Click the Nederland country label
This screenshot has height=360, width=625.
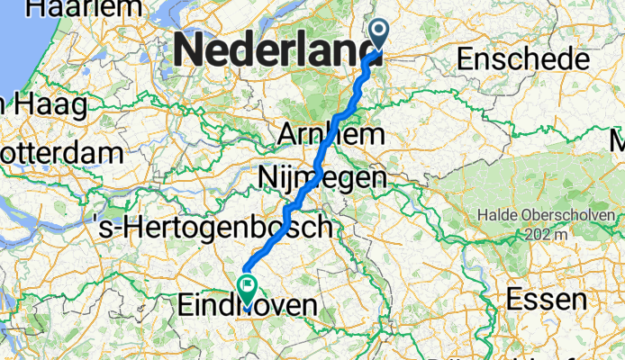(278, 49)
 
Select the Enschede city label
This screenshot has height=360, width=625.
(523, 60)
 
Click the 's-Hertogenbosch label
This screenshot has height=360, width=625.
(213, 228)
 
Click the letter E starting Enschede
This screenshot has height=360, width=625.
(466, 60)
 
